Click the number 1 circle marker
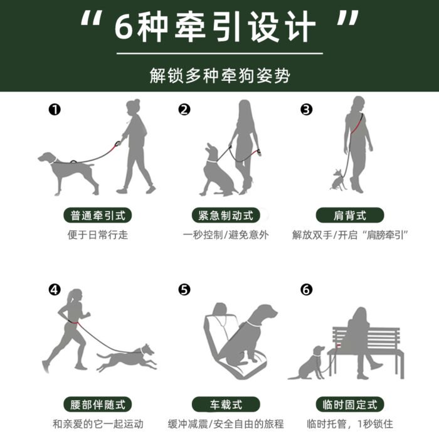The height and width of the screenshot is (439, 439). [55, 110]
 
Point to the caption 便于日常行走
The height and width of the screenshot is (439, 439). [98, 236]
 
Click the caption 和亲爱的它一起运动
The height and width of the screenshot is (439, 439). [98, 424]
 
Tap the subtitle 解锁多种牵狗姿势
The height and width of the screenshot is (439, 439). [220, 75]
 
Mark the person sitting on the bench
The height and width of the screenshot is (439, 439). [361, 339]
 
